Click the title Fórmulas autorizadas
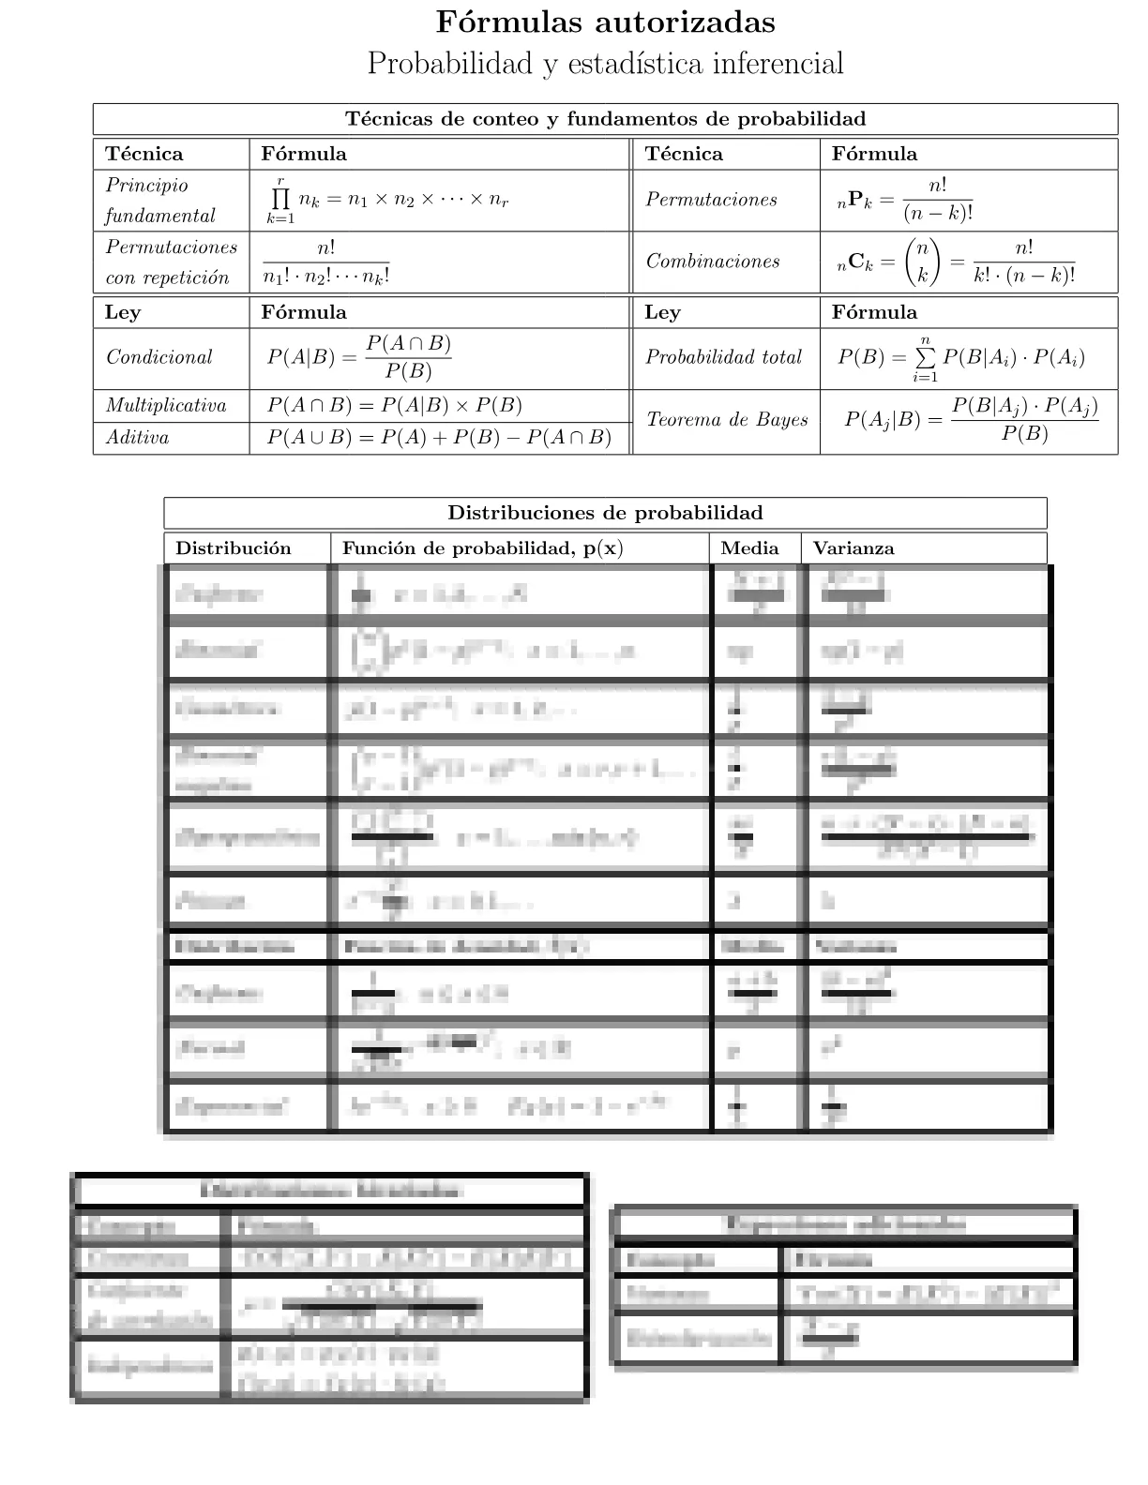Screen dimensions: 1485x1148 pos(606,22)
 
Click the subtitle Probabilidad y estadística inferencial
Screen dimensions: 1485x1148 pos(606,64)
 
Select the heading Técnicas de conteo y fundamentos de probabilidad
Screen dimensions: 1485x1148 pos(605,119)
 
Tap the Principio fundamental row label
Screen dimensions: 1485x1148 pos(159,200)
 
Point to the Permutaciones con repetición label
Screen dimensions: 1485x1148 pos(171,262)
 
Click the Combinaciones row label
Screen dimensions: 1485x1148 pos(713,262)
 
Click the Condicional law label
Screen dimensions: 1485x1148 pos(159,357)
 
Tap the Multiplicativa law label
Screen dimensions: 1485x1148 pos(166,406)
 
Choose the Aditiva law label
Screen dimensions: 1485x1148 pos(138,438)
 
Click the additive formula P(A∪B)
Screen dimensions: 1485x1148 pos(439,438)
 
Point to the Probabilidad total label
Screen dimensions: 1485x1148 pos(723,357)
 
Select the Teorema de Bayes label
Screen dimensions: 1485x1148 pos(727,420)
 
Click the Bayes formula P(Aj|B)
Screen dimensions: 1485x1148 pos(971,420)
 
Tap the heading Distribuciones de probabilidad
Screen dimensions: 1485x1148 pos(605,513)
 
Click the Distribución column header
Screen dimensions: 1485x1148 pos(234,548)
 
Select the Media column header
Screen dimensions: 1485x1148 pos(749,548)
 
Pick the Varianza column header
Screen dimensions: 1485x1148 pos(853,548)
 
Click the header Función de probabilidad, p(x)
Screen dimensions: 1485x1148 pos(482,548)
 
